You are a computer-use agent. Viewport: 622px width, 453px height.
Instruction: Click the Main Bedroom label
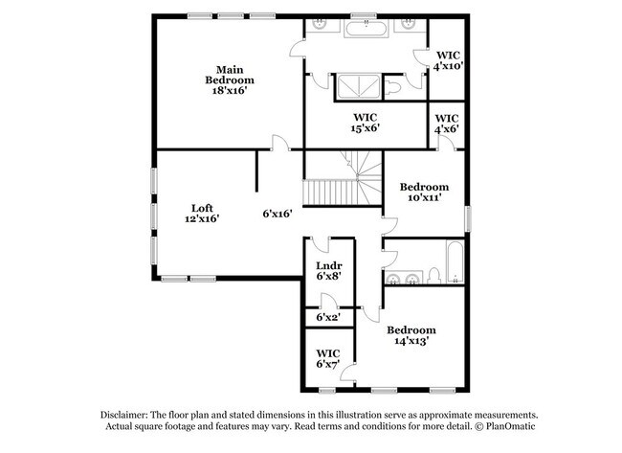coord(228,75)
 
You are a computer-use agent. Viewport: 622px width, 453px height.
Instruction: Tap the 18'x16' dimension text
coord(228,92)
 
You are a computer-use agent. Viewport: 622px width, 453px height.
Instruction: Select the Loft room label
coord(201,208)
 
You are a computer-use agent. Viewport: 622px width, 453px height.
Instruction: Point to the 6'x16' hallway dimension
coord(278,214)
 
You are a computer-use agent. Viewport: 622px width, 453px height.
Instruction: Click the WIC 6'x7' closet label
coord(328,358)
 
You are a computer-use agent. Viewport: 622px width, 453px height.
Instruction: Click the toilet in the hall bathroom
coord(433,277)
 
